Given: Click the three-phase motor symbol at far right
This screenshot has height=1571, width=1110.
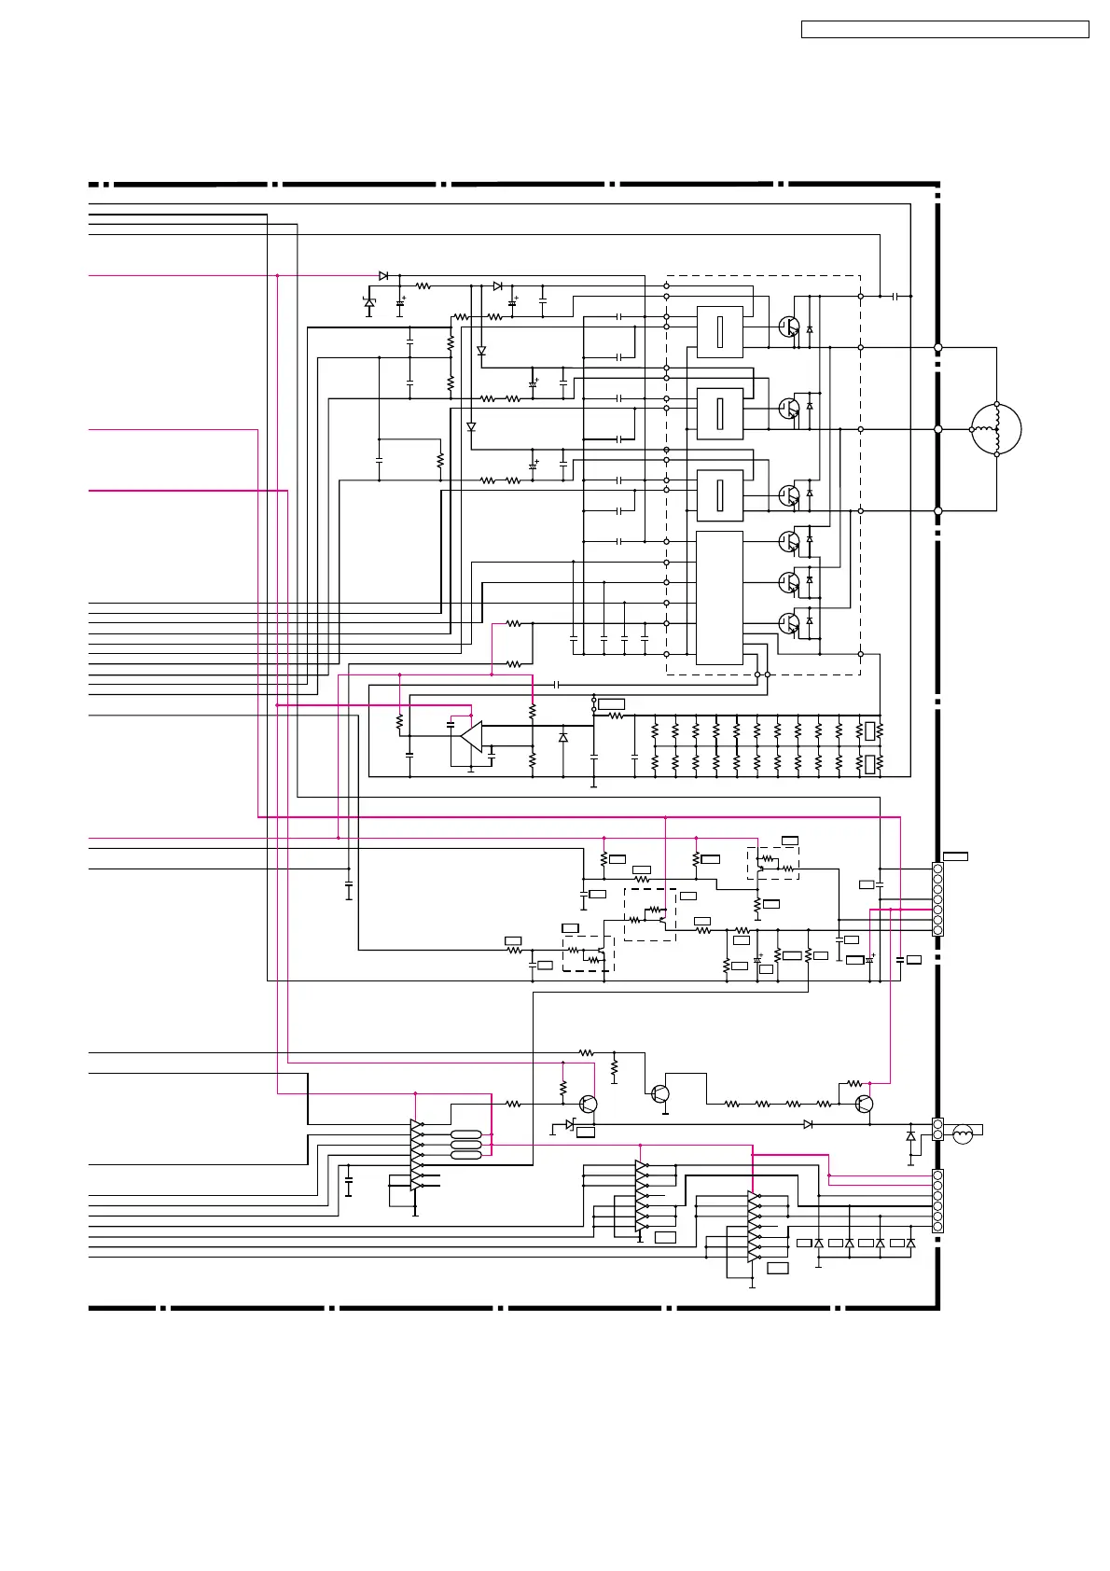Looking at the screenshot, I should pyautogui.click(x=996, y=430).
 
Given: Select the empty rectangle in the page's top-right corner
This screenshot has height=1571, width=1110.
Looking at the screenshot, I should pyautogui.click(x=945, y=29).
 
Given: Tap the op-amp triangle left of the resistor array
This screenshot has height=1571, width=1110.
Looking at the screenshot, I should pyautogui.click(x=472, y=736).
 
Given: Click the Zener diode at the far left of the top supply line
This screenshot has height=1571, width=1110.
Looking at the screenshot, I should pyautogui.click(x=369, y=302).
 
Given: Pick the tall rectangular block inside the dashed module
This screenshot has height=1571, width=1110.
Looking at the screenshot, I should pyautogui.click(x=719, y=598).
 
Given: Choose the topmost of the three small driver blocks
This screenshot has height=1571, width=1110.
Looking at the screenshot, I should pyautogui.click(x=719, y=331).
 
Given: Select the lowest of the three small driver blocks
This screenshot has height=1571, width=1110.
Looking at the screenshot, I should pyautogui.click(x=719, y=495).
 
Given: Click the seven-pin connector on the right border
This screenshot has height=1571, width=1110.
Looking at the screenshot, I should pyautogui.click(x=937, y=899).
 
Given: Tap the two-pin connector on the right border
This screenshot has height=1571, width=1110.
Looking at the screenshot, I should pyautogui.click(x=937, y=1130).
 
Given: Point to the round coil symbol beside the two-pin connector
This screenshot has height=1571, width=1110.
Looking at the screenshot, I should pyautogui.click(x=963, y=1133).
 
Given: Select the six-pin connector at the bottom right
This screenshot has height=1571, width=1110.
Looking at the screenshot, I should pyautogui.click(x=937, y=1201).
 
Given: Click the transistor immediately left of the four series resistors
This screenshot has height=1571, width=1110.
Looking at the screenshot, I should pyautogui.click(x=660, y=1092).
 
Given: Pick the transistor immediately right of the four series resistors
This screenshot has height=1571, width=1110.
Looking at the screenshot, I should pyautogui.click(x=864, y=1105).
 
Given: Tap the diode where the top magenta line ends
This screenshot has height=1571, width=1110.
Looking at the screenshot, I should pyautogui.click(x=383, y=276).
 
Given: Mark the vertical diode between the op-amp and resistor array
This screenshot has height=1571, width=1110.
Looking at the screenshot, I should pyautogui.click(x=562, y=737).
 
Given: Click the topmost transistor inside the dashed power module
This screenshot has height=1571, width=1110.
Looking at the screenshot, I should pyautogui.click(x=788, y=327).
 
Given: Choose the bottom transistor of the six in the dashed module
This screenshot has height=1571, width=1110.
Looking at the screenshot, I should pyautogui.click(x=788, y=622).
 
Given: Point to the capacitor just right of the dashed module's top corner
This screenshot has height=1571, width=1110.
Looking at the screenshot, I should pyautogui.click(x=895, y=296).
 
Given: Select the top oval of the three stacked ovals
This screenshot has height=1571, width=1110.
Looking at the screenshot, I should pyautogui.click(x=465, y=1134).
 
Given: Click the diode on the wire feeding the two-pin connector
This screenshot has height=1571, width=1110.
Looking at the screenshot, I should pyautogui.click(x=808, y=1124).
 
